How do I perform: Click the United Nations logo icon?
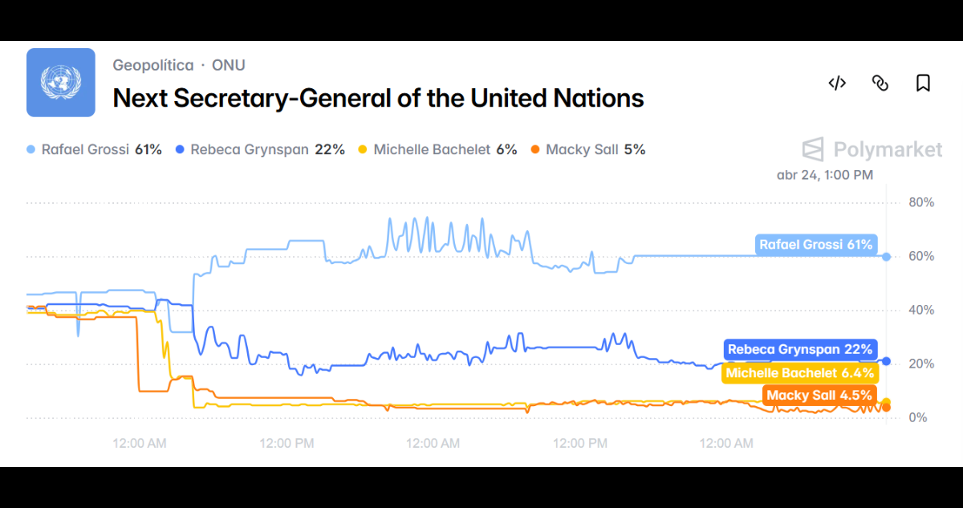(61, 83)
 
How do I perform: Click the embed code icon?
(837, 83)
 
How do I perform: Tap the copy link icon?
(880, 83)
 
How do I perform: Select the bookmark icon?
(923, 83)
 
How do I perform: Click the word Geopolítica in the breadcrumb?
(152, 65)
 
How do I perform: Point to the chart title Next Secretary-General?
(377, 98)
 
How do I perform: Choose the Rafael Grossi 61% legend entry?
(95, 149)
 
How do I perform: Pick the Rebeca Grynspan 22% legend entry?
(261, 149)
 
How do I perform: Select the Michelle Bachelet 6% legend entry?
(437, 149)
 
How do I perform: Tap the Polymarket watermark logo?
(872, 149)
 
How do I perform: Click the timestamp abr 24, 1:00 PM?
(825, 174)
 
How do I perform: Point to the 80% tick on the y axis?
(920, 202)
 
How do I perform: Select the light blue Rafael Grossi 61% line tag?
(816, 245)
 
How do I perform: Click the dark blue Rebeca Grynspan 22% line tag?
(800, 350)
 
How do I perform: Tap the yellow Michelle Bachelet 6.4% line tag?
(799, 373)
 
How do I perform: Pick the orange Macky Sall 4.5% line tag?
(819, 396)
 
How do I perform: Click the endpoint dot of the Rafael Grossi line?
(886, 257)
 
